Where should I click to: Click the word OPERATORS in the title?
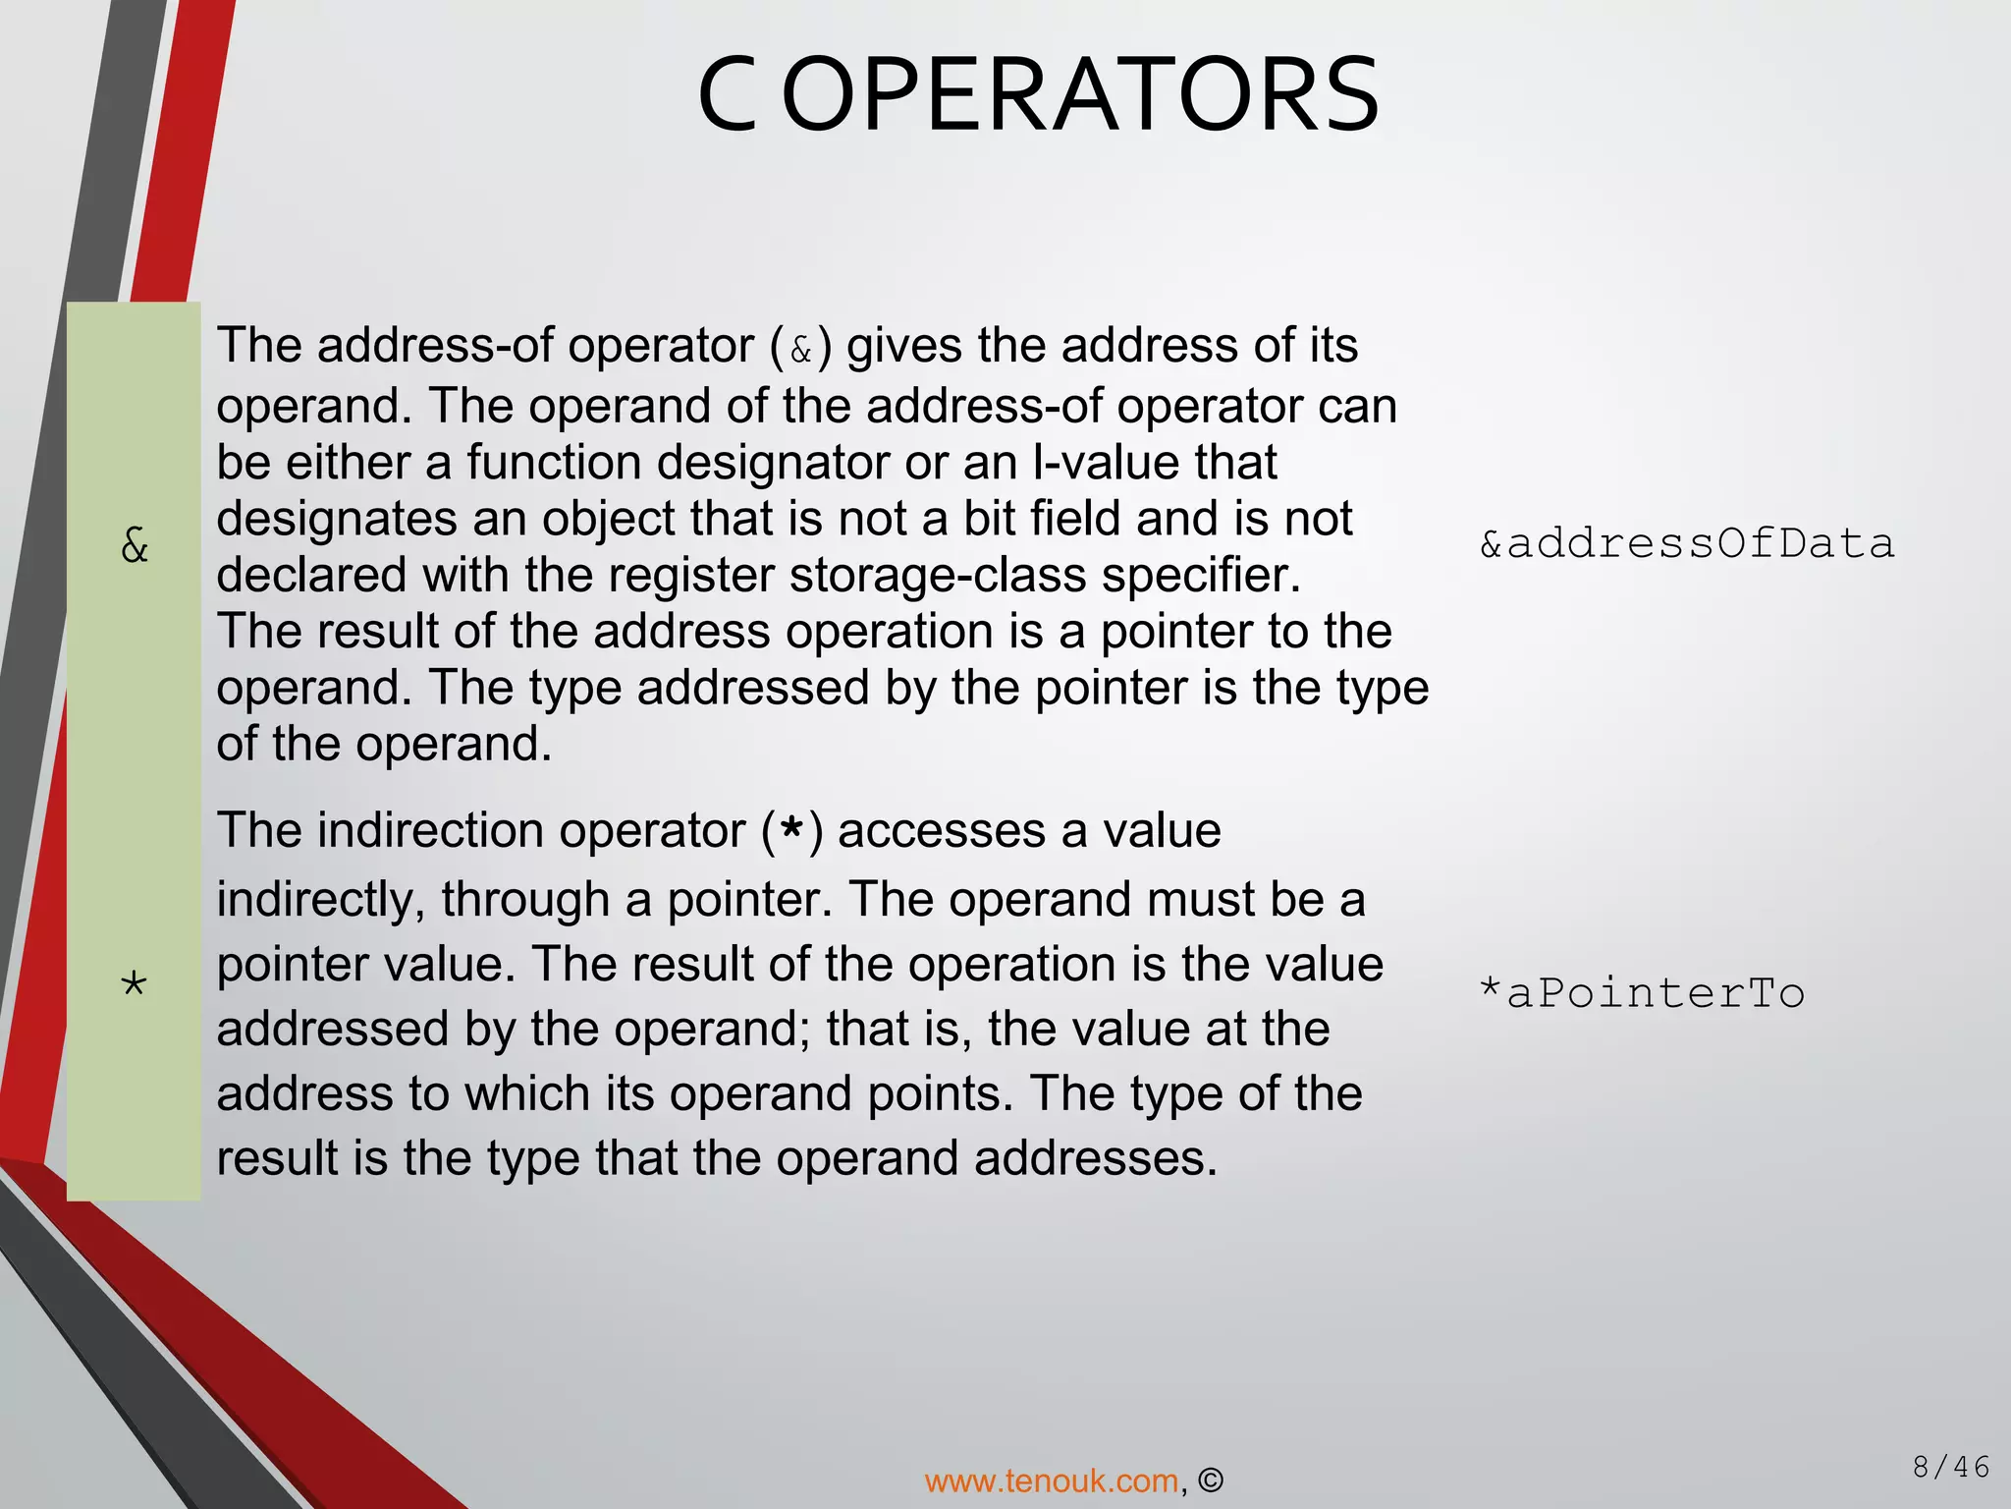1081,96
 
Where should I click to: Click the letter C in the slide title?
728,96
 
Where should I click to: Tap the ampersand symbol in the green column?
135,544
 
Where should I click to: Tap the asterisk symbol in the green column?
134,984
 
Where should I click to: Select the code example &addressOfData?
1687,544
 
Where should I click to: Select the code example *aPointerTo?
1642,993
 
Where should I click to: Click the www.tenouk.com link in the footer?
1051,1481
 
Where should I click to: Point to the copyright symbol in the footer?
1211,1481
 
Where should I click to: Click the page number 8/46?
1950,1468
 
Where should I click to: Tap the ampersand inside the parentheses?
801,350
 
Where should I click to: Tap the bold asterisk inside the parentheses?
792,833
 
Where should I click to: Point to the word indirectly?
321,900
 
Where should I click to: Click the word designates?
337,520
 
